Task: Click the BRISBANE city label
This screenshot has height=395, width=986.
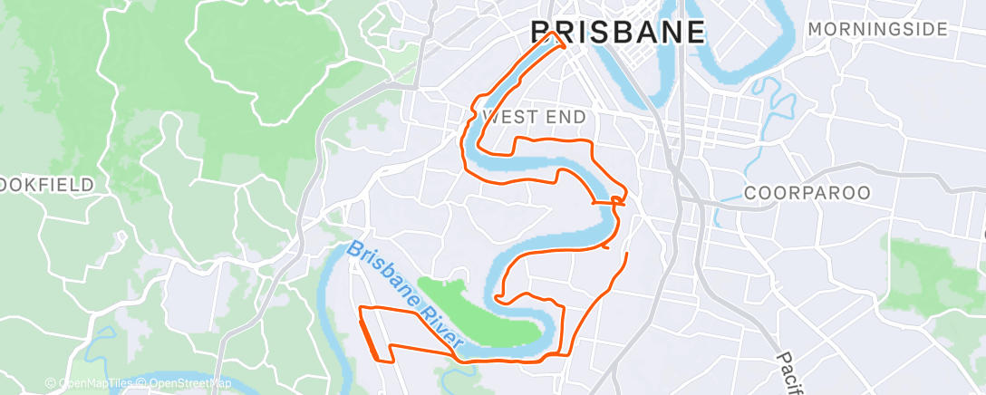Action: [617, 32]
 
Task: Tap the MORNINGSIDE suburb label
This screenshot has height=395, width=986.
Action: [876, 30]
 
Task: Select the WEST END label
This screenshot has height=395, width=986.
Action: [535, 118]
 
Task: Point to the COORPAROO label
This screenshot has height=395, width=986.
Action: [807, 193]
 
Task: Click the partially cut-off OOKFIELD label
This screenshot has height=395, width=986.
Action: [47, 185]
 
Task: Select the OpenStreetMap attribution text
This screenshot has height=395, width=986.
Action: [182, 384]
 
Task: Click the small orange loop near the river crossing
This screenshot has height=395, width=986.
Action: [618, 200]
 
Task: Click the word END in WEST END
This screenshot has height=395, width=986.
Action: [567, 118]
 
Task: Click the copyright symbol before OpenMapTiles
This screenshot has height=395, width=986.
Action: [52, 384]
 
